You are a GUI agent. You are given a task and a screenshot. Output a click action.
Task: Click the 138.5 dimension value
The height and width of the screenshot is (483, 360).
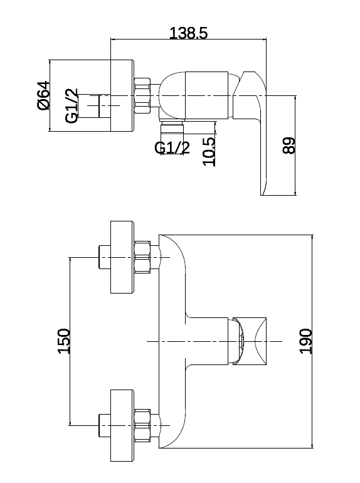pyautogui.click(x=189, y=33)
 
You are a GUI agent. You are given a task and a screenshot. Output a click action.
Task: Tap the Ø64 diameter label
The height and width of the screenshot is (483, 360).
pyautogui.click(x=43, y=95)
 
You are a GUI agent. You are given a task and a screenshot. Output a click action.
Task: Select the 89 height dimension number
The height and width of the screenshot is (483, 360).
pyautogui.click(x=289, y=146)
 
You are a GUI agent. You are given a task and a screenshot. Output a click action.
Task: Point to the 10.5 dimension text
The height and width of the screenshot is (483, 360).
pyautogui.click(x=209, y=151)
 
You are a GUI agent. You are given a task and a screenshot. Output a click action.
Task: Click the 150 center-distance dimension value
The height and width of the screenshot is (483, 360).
pyautogui.click(x=64, y=341)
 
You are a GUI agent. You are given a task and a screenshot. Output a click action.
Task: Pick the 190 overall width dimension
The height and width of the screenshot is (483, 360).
pyautogui.click(x=306, y=341)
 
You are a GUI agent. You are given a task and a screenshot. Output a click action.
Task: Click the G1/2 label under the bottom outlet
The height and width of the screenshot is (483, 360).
pyautogui.click(x=172, y=148)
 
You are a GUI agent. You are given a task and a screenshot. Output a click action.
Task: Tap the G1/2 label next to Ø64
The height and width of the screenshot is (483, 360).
pyautogui.click(x=71, y=105)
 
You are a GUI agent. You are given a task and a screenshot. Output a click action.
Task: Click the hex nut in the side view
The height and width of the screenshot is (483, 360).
pyautogui.click(x=142, y=96)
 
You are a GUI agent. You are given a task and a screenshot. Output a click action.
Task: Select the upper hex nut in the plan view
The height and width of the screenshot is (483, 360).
pyautogui.click(x=142, y=257)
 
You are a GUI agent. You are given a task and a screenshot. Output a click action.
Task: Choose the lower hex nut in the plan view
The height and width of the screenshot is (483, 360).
pyautogui.click(x=142, y=426)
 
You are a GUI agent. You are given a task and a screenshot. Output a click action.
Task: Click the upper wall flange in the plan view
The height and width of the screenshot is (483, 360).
pyautogui.click(x=122, y=257)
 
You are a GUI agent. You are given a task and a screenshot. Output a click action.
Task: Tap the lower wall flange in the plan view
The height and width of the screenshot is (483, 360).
pyautogui.click(x=122, y=426)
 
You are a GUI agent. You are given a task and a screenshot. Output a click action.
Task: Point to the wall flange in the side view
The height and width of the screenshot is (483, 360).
pyautogui.click(x=122, y=95)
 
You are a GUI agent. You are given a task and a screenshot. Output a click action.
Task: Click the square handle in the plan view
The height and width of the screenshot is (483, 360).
pyautogui.click(x=250, y=341)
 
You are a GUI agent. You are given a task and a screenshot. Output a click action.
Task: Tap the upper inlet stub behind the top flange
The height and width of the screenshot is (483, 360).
pyautogui.click(x=105, y=257)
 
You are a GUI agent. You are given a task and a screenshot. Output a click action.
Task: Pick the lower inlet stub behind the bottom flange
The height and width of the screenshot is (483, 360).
pyautogui.click(x=105, y=426)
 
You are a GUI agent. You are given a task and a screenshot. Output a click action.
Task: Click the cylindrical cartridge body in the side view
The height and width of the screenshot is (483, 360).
pyautogui.click(x=206, y=95)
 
